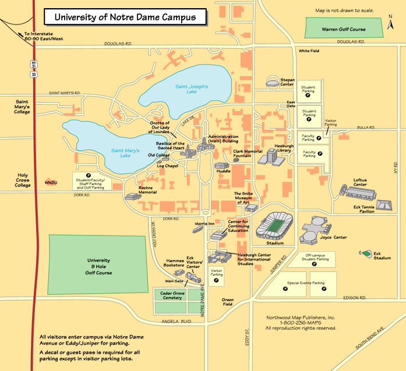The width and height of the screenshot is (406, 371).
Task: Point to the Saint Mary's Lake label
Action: tap(125, 152)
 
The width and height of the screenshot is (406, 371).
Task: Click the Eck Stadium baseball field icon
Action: tap(367, 254)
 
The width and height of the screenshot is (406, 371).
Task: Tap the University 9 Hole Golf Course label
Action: tap(99, 266)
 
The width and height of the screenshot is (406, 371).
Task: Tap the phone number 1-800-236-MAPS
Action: tap(301, 323)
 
